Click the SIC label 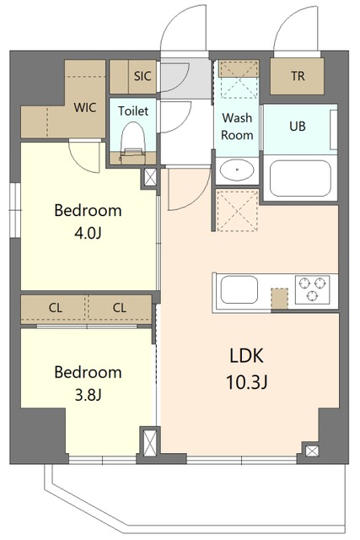(x=142, y=76)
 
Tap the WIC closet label (x=85, y=107)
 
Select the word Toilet (x=133, y=111)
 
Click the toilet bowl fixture (x=133, y=142)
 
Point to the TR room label (x=298, y=76)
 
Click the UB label (x=298, y=127)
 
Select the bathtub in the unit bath (x=300, y=178)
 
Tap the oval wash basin (x=237, y=170)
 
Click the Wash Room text (x=237, y=127)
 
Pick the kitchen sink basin (x=239, y=289)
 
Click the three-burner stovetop (x=312, y=289)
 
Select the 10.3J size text (x=247, y=382)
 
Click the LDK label (x=247, y=356)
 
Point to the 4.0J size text (x=88, y=234)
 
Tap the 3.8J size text (x=88, y=396)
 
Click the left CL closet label (x=56, y=307)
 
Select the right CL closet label (x=120, y=307)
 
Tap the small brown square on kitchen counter (x=279, y=299)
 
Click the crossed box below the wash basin (x=238, y=210)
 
